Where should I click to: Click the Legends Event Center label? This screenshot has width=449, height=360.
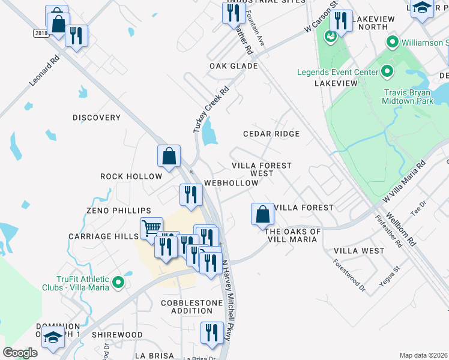(x=337, y=73)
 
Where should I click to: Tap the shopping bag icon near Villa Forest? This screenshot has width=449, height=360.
(x=262, y=214)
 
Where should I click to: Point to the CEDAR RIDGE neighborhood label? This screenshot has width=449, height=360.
(x=271, y=134)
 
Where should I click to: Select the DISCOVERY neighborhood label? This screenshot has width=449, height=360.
(x=97, y=118)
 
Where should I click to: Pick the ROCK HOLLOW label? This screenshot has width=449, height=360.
(x=131, y=176)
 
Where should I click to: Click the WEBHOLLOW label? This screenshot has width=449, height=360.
(x=231, y=182)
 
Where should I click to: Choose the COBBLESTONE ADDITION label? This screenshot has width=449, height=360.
(x=191, y=307)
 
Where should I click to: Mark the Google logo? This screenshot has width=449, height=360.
(x=20, y=353)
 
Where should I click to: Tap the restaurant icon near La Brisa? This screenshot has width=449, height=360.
(x=211, y=334)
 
